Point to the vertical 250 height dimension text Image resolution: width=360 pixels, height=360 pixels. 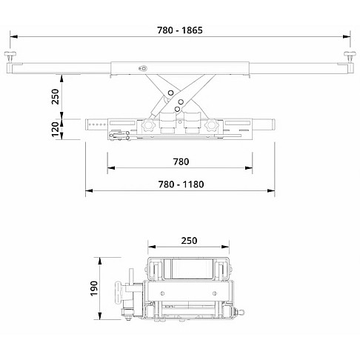pyautogui.click(x=55, y=96)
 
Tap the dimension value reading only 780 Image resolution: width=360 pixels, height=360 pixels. pyautogui.click(x=181, y=161)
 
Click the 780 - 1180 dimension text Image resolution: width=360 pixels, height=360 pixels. pyautogui.click(x=181, y=184)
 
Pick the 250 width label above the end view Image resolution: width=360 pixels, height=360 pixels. pyautogui.click(x=189, y=240)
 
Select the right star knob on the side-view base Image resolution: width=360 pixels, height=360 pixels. pyautogui.click(x=214, y=127)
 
